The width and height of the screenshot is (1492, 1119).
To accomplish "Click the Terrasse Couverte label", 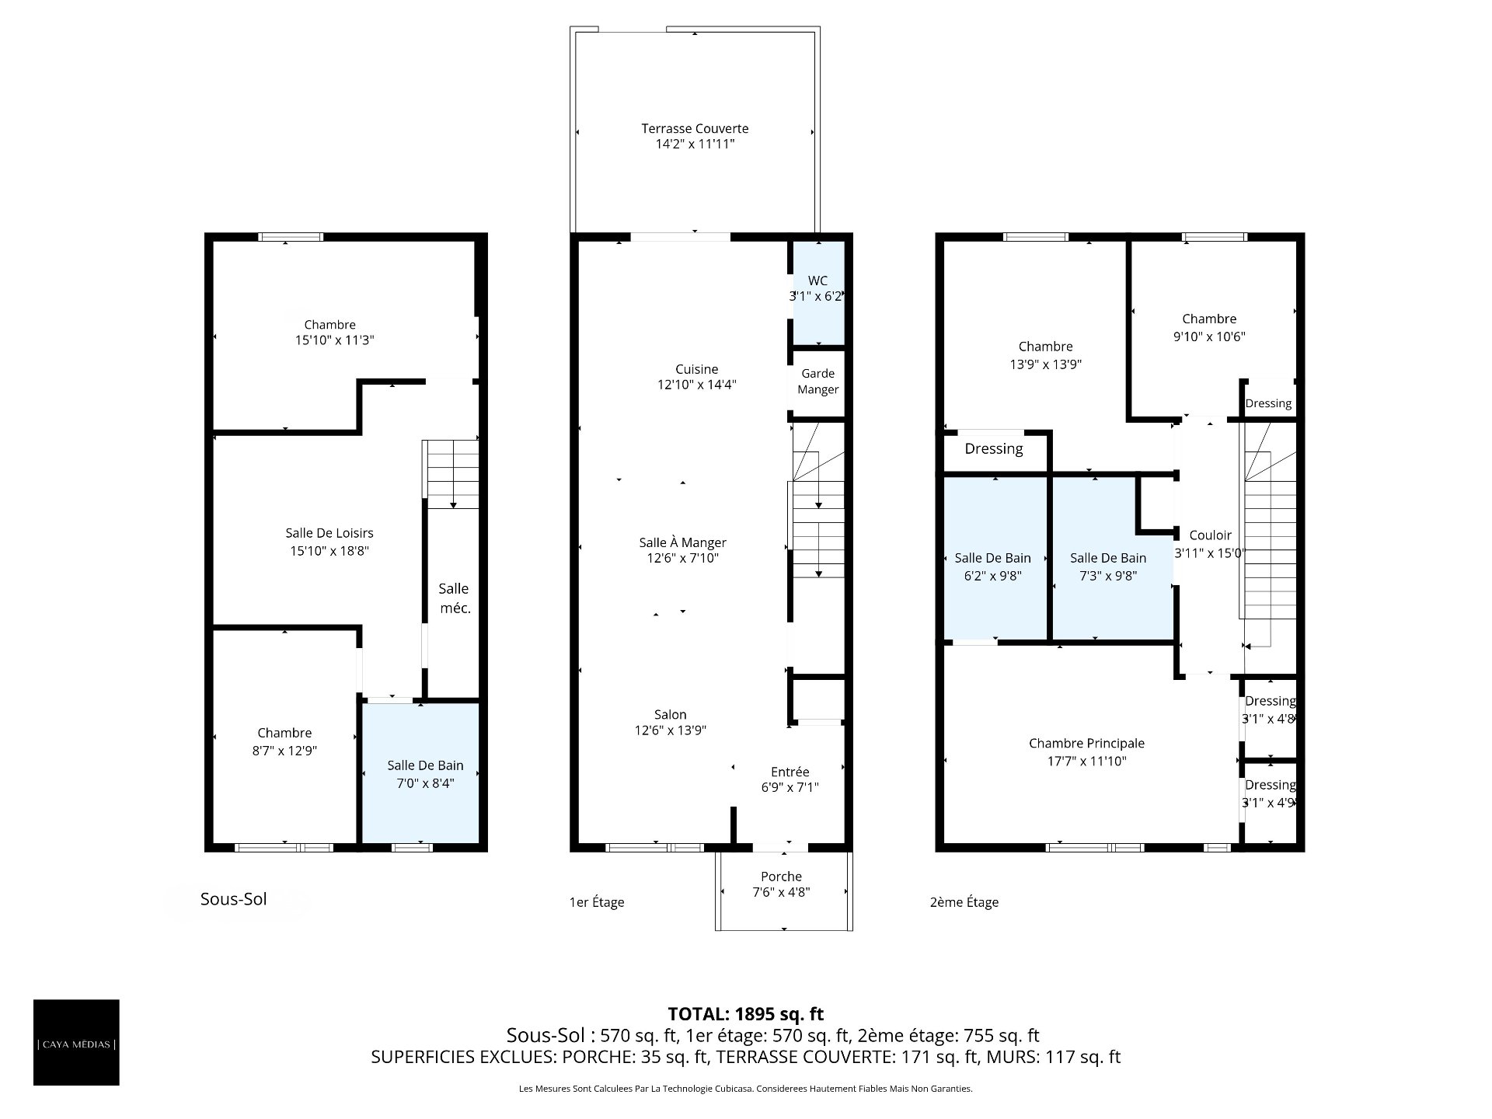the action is click(x=695, y=136).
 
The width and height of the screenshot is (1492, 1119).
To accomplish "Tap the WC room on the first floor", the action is click(x=817, y=292).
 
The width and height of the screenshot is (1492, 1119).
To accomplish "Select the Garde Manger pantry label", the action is click(x=817, y=382).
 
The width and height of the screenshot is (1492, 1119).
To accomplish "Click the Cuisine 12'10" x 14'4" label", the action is click(x=696, y=377).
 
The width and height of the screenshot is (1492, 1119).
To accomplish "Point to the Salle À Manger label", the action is click(x=682, y=550).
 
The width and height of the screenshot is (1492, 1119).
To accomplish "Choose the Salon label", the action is click(x=670, y=722).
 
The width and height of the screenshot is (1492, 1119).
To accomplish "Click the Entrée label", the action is click(x=790, y=779).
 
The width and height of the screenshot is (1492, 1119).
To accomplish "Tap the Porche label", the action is click(x=781, y=884).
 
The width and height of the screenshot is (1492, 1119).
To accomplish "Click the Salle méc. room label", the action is click(x=455, y=598).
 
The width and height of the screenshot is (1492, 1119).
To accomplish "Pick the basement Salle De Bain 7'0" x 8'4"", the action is click(x=420, y=773).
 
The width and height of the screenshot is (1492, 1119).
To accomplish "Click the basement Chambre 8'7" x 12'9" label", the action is click(x=284, y=741).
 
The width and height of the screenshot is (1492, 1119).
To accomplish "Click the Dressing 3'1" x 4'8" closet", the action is click(x=1270, y=716).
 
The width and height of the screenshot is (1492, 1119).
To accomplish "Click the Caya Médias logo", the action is click(x=76, y=1042).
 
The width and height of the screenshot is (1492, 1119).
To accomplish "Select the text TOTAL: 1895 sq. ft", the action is click(x=746, y=1013).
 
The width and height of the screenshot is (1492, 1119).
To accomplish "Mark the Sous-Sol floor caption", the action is click(x=233, y=899).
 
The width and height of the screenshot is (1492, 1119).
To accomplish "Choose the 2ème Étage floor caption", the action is click(x=964, y=902).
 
